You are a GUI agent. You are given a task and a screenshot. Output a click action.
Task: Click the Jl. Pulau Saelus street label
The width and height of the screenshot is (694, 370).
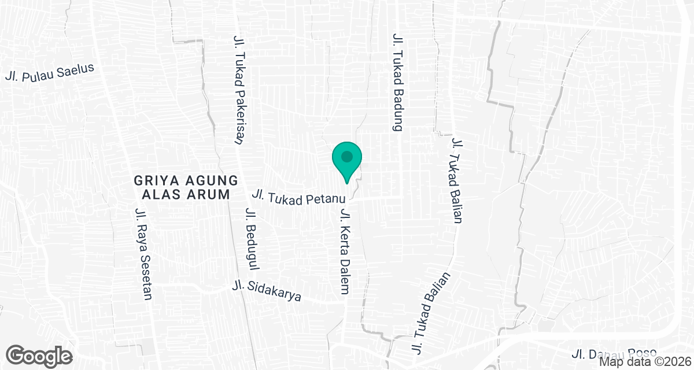49,72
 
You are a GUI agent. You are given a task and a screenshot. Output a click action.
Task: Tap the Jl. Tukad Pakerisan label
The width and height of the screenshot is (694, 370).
237,88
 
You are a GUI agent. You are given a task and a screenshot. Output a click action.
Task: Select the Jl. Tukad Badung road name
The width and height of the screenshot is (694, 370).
397,82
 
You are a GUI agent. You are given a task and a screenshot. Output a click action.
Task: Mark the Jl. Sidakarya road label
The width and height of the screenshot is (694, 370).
267,291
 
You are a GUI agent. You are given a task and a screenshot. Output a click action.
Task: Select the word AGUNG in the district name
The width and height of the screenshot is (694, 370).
202,180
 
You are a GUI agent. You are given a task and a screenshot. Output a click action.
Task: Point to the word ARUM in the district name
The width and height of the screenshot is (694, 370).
205,194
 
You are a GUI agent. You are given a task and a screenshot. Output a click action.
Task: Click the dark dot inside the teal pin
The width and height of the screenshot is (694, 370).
347,156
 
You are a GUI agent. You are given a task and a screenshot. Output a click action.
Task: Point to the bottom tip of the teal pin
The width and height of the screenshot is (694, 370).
347,183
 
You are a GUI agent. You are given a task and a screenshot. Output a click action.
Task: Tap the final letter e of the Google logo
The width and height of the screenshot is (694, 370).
66,356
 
